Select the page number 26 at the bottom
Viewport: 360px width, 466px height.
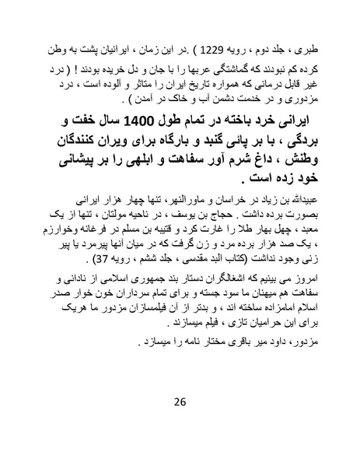click(x=180, y=401)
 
